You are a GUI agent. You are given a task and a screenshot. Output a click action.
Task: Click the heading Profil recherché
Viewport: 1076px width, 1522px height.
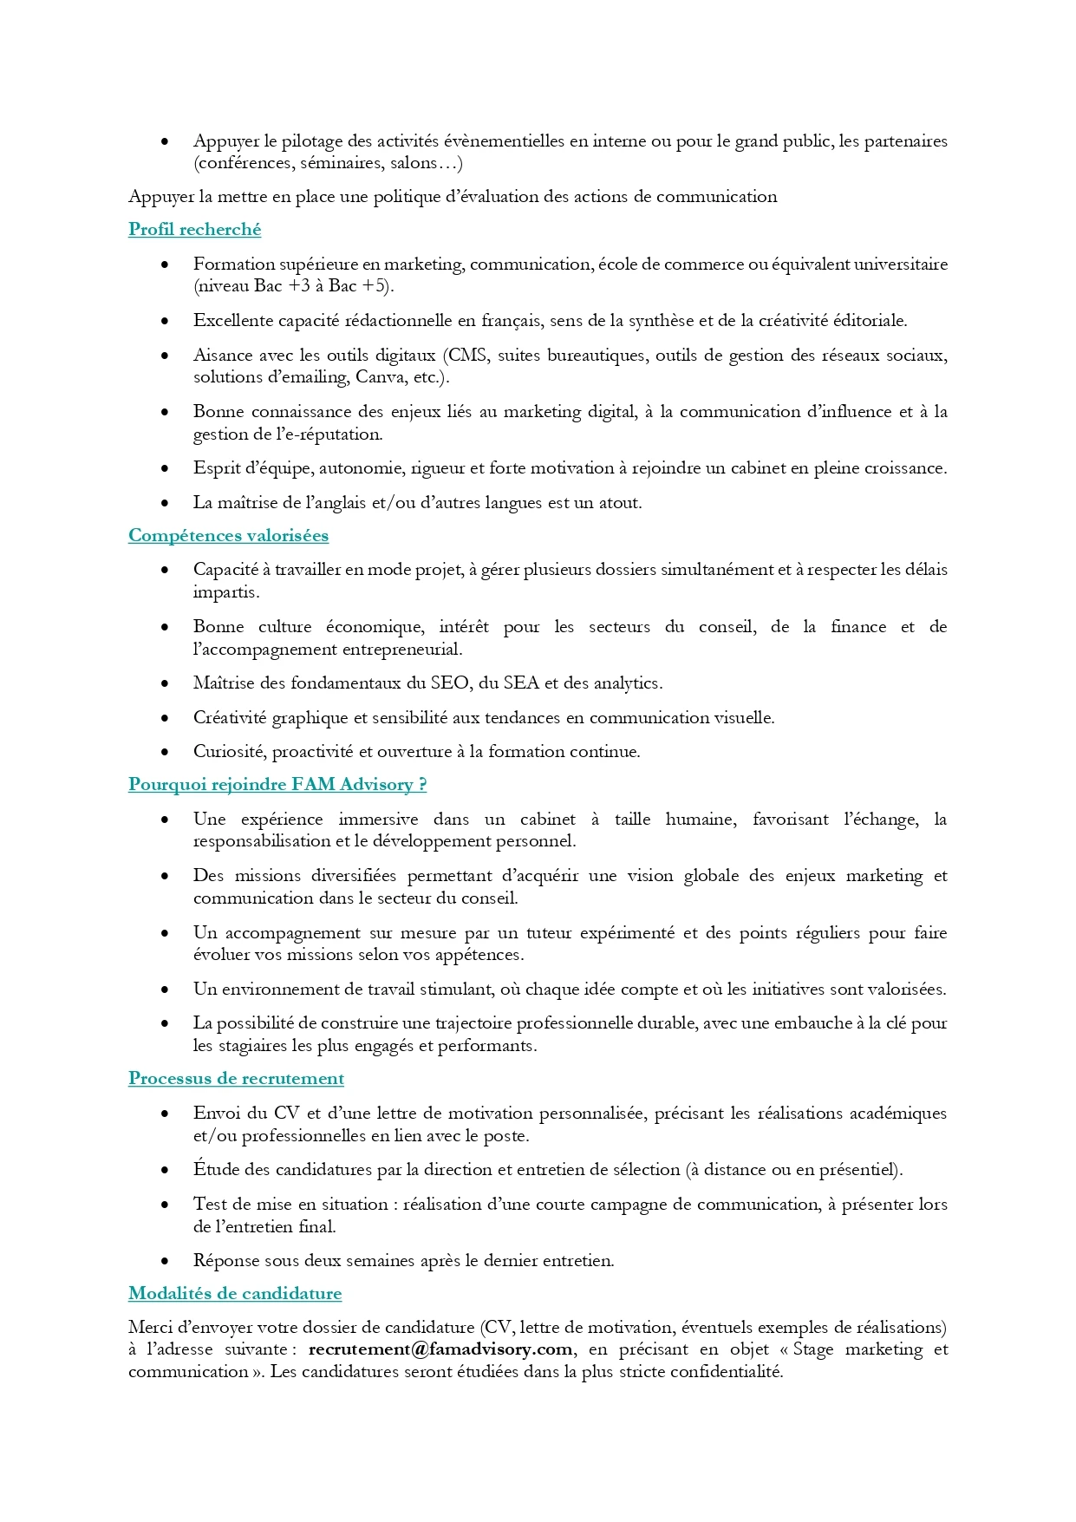(x=194, y=230)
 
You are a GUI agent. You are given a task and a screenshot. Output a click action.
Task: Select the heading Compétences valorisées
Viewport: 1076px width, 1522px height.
(x=228, y=536)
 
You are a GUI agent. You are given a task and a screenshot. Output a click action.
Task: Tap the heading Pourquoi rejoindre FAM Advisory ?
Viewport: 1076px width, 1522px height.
(x=277, y=785)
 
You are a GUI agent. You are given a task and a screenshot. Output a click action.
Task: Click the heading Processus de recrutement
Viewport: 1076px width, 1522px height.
(x=236, y=1079)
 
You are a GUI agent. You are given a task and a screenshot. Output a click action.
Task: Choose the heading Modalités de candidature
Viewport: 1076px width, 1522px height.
(x=235, y=1294)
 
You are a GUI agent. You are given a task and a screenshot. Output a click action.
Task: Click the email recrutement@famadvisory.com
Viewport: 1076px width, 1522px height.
(x=440, y=1349)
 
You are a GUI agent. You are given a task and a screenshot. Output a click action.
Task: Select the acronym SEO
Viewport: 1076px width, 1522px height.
(x=451, y=683)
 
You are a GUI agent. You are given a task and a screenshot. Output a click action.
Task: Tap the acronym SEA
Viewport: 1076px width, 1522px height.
(x=520, y=683)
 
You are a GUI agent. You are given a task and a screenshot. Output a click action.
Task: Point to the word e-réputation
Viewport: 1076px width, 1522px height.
(x=330, y=434)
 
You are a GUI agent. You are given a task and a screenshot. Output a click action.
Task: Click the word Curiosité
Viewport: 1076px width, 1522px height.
(x=229, y=752)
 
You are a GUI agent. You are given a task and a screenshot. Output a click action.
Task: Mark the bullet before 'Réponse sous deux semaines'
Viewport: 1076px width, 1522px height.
(x=165, y=1262)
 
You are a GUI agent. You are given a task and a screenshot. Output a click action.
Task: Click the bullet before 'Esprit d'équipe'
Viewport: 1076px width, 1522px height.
(x=165, y=469)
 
